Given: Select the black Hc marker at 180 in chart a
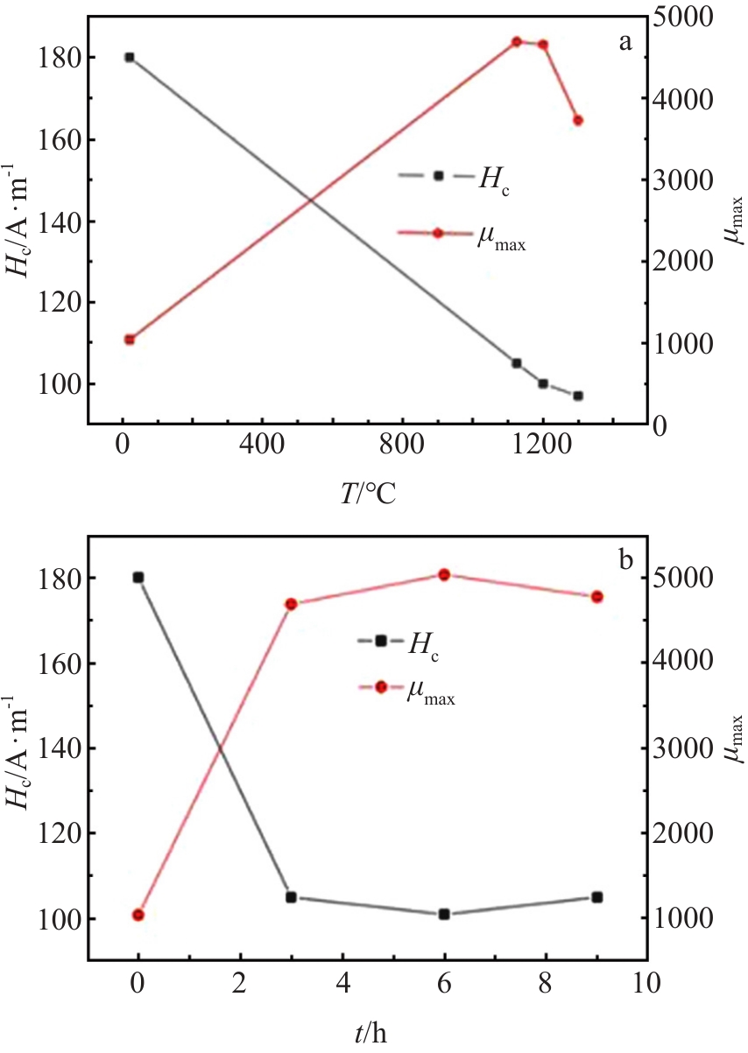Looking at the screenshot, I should click(130, 58).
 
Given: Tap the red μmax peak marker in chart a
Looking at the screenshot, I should click(517, 41).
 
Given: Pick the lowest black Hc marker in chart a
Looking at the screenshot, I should click(578, 396).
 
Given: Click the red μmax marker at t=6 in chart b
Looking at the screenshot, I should click(444, 574).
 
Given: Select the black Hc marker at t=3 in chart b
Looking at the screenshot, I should click(291, 897).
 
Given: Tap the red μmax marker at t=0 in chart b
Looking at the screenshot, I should click(138, 915).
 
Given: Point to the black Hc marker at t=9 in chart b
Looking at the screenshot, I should click(597, 897).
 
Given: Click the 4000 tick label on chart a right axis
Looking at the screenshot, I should click(683, 99).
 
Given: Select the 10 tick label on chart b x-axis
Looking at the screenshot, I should click(647, 983).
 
